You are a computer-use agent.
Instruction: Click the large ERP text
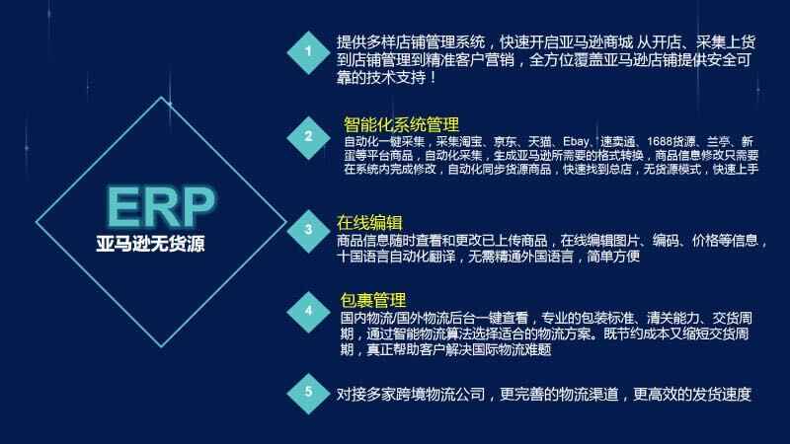[161, 207]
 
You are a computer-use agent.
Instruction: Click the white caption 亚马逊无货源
[151, 244]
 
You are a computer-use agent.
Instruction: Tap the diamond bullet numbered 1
[308, 52]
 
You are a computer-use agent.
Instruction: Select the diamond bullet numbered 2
[308, 137]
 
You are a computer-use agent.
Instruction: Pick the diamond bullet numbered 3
[308, 231]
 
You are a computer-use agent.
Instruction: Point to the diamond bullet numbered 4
[308, 312]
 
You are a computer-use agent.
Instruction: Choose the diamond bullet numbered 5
[308, 393]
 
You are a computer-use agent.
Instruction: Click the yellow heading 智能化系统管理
[401, 124]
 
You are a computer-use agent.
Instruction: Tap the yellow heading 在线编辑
[369, 222]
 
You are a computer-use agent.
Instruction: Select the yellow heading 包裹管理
[373, 300]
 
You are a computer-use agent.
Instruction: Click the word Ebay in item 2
[576, 142]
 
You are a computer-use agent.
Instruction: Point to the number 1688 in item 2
[659, 142]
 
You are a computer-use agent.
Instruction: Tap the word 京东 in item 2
[505, 142]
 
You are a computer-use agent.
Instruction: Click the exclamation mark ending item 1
[433, 78]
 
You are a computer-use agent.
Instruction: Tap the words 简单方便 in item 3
[613, 257]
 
